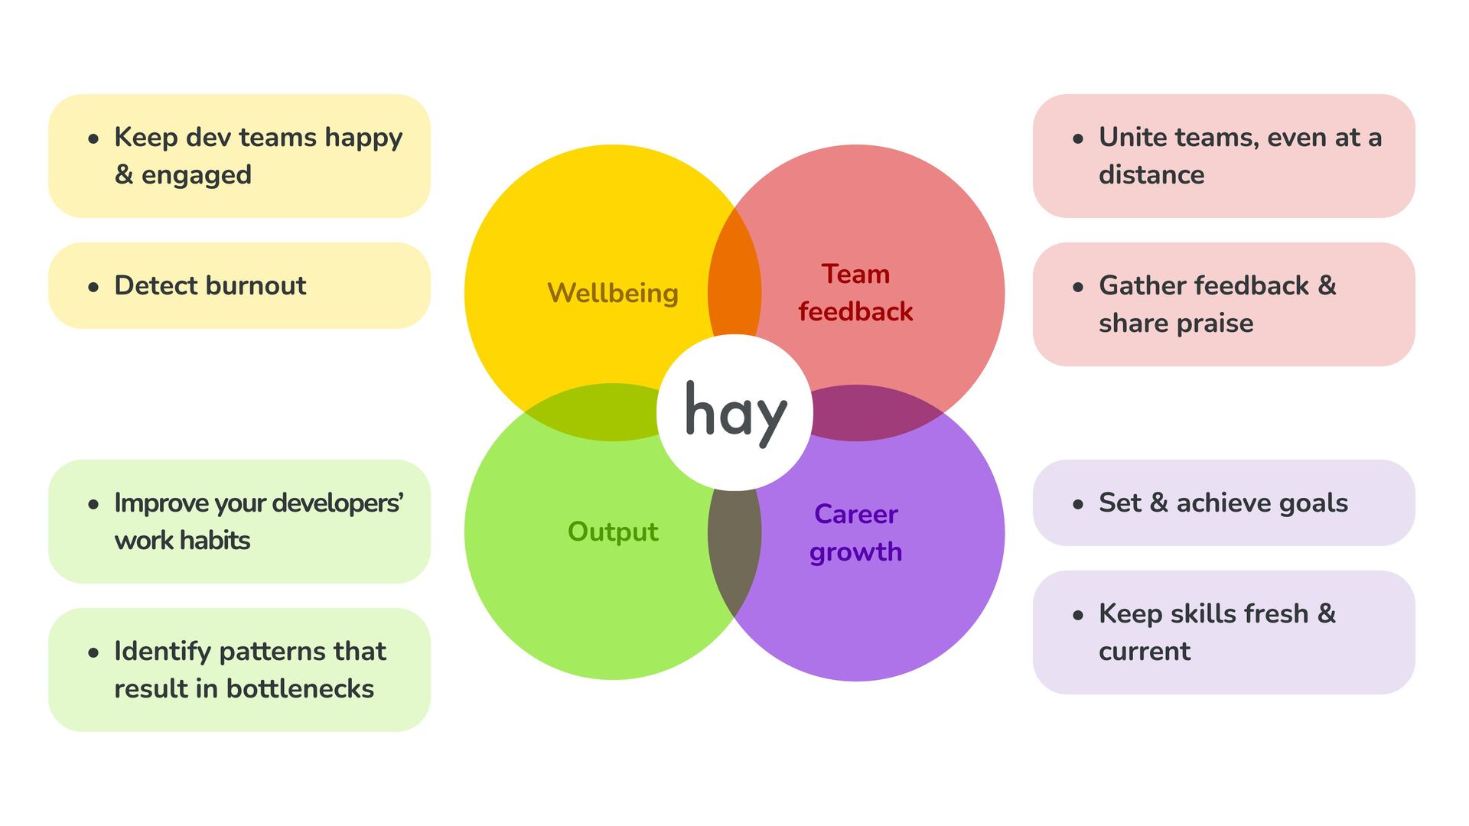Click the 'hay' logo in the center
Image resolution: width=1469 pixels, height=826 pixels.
click(735, 412)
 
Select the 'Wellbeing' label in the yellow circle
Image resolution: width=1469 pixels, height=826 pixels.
click(613, 293)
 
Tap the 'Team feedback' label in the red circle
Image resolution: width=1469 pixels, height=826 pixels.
click(855, 293)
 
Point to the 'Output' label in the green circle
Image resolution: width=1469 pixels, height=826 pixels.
click(613, 532)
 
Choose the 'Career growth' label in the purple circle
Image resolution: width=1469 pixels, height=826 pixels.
click(855, 533)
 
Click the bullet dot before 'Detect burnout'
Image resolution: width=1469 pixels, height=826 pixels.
click(93, 288)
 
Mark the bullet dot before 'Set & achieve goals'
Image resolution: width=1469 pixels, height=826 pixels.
click(1078, 505)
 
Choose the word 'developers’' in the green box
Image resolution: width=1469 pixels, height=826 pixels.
click(337, 503)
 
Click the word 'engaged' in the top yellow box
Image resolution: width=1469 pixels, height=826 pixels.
click(197, 175)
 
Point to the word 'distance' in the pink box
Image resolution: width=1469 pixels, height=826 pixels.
click(1151, 175)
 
